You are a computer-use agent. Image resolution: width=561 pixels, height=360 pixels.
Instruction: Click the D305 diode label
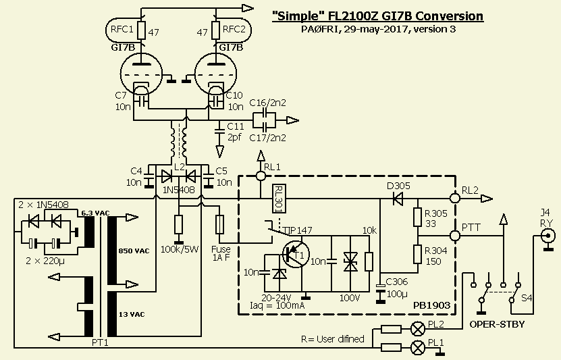point(398,186)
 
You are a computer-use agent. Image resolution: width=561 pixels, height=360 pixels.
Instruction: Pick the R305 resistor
point(418,217)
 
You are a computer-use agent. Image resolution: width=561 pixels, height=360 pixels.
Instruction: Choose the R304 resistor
point(418,255)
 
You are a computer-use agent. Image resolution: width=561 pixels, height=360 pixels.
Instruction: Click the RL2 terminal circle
point(454,199)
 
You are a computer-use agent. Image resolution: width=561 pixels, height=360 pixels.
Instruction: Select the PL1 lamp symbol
point(418,347)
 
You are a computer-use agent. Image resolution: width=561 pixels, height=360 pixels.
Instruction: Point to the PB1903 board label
point(431,305)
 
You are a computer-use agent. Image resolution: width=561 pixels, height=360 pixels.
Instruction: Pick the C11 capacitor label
point(235,126)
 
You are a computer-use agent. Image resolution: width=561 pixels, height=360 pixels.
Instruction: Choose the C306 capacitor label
point(397,282)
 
